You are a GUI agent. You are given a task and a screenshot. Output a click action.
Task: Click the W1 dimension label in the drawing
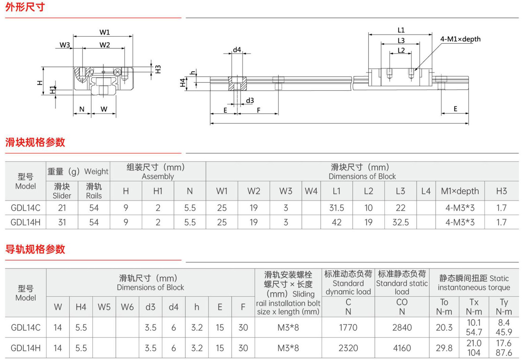pyautogui.click(x=104, y=32)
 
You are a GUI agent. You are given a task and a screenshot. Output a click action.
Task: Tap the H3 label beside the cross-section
pyautogui.click(x=158, y=69)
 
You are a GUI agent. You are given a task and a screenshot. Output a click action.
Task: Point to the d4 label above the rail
pyautogui.click(x=237, y=50)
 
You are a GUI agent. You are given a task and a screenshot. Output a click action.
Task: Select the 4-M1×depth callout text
pyautogui.click(x=460, y=39)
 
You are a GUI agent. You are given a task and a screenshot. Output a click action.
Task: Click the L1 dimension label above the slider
pyautogui.click(x=401, y=30)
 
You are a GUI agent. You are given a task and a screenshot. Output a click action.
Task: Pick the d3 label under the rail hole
pyautogui.click(x=250, y=101)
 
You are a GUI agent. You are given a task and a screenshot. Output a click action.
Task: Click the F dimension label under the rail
pyautogui.click(x=258, y=110)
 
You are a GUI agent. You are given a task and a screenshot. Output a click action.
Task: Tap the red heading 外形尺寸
pyautogui.click(x=25, y=7)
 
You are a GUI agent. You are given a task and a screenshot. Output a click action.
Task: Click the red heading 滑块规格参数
pyautogui.click(x=35, y=142)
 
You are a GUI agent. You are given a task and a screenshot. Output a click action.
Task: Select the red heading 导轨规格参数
pyautogui.click(x=35, y=249)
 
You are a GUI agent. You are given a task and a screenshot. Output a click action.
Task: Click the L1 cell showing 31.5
pyautogui.click(x=337, y=208)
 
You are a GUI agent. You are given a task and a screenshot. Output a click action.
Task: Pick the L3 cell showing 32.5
pyautogui.click(x=400, y=222)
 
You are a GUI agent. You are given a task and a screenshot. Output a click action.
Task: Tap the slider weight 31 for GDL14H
pyautogui.click(x=62, y=222)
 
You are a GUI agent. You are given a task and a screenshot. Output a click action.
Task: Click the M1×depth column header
pyautogui.click(x=460, y=191)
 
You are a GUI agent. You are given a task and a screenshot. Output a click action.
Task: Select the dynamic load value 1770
pyautogui.click(x=348, y=327)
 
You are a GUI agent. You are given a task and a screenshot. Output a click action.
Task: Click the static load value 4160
pyautogui.click(x=401, y=348)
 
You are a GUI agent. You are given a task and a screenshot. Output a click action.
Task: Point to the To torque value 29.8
pyautogui.click(x=444, y=348)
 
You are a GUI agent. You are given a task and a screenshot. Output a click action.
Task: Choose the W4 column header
pyautogui.click(x=311, y=191)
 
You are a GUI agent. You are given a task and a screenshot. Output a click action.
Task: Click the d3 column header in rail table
pyautogui.click(x=150, y=307)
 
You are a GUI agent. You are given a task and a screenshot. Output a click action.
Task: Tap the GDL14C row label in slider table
pyautogui.click(x=25, y=208)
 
